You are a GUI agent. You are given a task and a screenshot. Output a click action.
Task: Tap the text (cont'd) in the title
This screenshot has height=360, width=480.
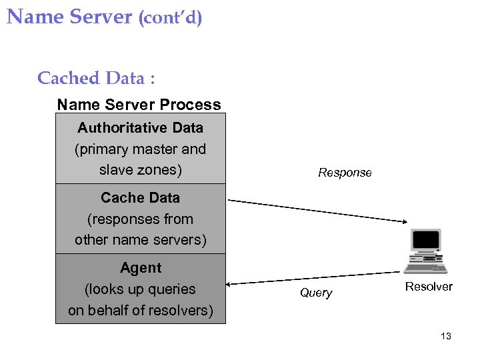point(170,17)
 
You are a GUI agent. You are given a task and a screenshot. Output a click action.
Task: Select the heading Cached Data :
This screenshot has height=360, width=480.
point(96,78)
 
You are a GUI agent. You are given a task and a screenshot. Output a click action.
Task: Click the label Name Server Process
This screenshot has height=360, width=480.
point(139,105)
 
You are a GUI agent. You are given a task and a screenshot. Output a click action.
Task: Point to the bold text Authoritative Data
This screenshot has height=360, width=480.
point(140,127)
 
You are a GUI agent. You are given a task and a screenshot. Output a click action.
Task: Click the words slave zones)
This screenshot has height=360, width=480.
point(140,169)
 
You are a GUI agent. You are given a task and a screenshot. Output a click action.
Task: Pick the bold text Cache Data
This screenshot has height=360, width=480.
point(140,197)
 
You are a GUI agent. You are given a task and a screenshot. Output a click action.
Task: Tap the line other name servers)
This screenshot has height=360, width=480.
point(140,239)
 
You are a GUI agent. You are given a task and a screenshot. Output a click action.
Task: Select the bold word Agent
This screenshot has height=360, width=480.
point(140,267)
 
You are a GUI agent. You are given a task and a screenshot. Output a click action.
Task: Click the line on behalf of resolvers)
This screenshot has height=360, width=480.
point(140,311)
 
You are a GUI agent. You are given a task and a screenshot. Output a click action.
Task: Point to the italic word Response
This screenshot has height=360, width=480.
point(345,173)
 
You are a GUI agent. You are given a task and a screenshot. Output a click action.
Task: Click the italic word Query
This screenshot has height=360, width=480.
point(316,293)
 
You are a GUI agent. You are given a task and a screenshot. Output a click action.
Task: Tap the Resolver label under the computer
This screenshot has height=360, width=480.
point(429,287)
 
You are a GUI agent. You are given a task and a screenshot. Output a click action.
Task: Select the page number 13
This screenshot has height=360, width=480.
point(446,336)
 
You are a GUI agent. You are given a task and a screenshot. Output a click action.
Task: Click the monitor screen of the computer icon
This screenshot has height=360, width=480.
point(426,240)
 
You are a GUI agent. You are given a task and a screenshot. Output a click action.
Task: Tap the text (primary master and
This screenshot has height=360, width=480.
point(140,149)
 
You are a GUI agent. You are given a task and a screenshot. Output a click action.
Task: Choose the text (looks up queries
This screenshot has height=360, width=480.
point(140,289)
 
